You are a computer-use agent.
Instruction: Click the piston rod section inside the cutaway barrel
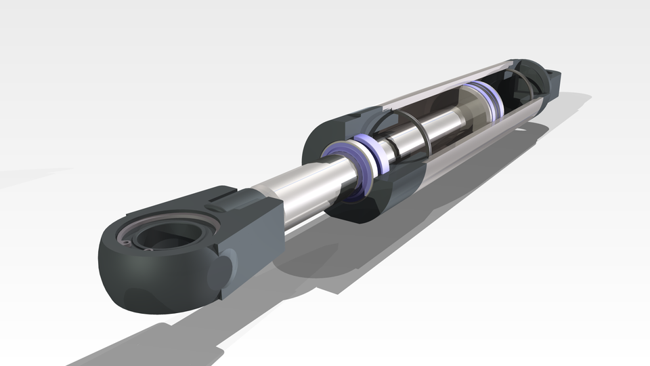point(433,125)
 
